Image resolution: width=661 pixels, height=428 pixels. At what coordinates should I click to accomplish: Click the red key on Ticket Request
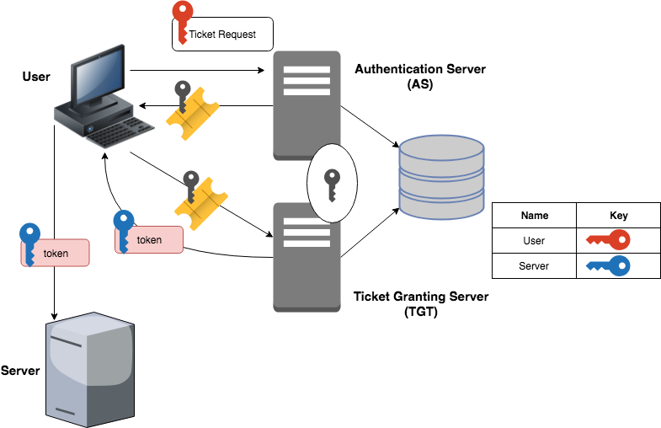click(x=181, y=21)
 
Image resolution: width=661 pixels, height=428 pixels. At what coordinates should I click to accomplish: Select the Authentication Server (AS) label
click(x=420, y=77)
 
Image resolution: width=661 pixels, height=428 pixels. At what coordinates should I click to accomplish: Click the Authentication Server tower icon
click(x=307, y=105)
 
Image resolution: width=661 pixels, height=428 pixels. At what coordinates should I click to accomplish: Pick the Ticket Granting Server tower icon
click(x=307, y=257)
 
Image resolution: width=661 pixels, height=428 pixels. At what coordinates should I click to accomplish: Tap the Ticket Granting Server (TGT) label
click(x=420, y=304)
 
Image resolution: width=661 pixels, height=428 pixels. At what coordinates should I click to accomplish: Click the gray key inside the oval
click(x=332, y=182)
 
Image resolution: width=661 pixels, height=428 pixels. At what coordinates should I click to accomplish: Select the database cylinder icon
click(x=441, y=178)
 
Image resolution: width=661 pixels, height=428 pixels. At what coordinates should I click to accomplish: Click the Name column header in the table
click(x=534, y=216)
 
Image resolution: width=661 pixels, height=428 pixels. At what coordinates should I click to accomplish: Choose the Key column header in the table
click(x=618, y=216)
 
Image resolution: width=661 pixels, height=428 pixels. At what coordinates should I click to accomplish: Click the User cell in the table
click(x=534, y=241)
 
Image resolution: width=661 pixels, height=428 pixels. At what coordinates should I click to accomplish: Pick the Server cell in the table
click(x=534, y=266)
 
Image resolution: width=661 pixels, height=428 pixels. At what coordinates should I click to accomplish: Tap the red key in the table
click(x=609, y=242)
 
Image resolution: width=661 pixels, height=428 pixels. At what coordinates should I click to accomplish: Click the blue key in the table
click(x=609, y=267)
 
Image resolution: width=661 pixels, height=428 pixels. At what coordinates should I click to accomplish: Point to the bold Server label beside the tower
click(x=20, y=371)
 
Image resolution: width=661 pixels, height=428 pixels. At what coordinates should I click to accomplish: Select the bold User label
click(x=36, y=78)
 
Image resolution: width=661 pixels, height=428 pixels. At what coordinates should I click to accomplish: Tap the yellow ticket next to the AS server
click(x=193, y=112)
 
